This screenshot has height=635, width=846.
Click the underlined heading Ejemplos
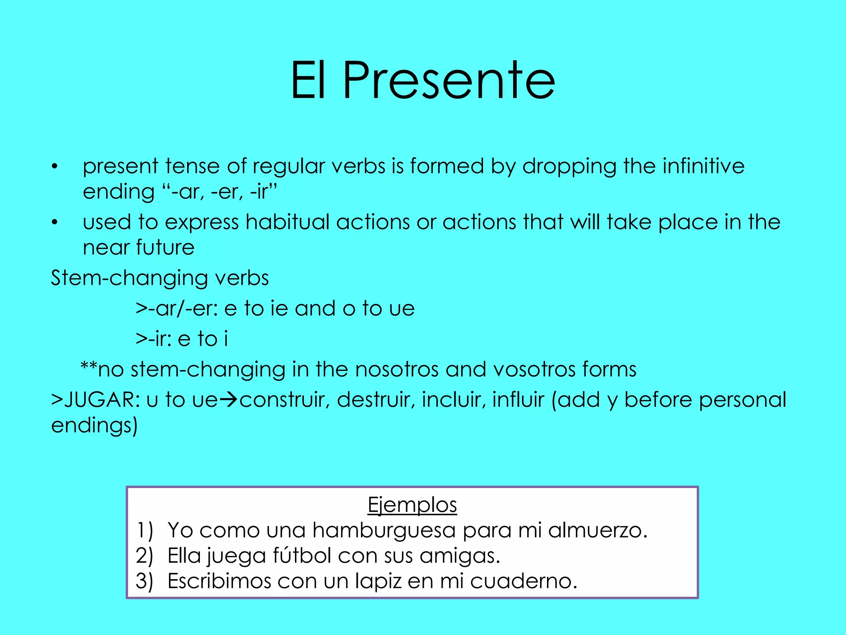[x=412, y=505]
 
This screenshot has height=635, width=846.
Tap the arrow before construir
[x=228, y=400]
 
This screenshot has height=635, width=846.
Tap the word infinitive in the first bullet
[x=703, y=166]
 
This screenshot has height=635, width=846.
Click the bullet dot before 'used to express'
[x=55, y=222]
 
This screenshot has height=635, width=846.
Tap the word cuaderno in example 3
[x=523, y=581]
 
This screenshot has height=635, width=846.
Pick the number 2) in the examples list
[x=144, y=556]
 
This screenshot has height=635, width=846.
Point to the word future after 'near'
[x=165, y=248]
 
